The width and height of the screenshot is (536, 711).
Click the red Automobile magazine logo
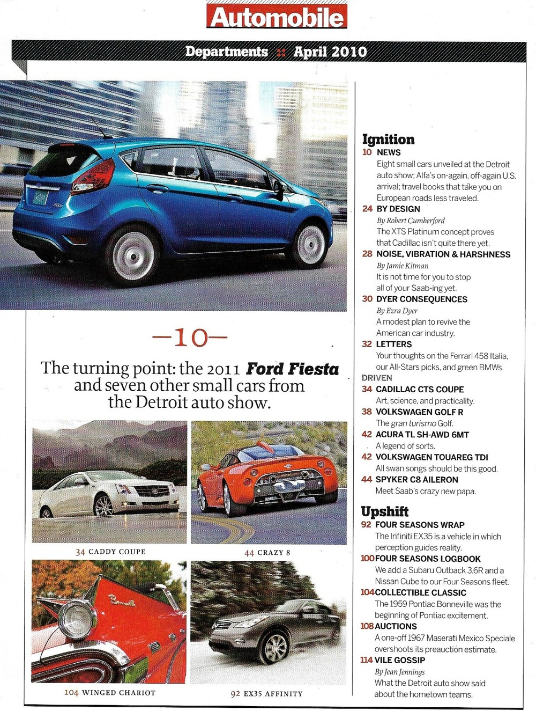click(277, 17)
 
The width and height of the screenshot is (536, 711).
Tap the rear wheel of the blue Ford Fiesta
click(131, 255)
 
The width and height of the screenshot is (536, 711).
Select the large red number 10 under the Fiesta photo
click(190, 338)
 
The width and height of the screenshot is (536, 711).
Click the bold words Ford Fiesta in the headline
click(292, 369)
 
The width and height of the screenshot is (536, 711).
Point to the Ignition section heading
click(388, 140)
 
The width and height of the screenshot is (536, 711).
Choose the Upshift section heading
click(384, 511)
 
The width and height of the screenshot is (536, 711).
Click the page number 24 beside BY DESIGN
click(367, 209)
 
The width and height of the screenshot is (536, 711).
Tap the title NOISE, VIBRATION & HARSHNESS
click(443, 254)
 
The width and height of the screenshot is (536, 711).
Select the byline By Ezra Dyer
click(397, 311)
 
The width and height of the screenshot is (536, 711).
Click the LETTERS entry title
click(394, 344)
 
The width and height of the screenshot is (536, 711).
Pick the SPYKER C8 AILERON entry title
click(417, 480)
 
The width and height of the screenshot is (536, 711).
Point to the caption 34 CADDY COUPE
click(110, 552)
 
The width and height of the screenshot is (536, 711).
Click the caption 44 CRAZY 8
click(267, 553)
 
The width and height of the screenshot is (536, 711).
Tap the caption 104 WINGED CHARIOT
click(110, 693)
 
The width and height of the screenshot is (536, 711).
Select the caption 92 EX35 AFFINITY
click(266, 694)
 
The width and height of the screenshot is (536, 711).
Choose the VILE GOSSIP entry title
click(400, 660)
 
